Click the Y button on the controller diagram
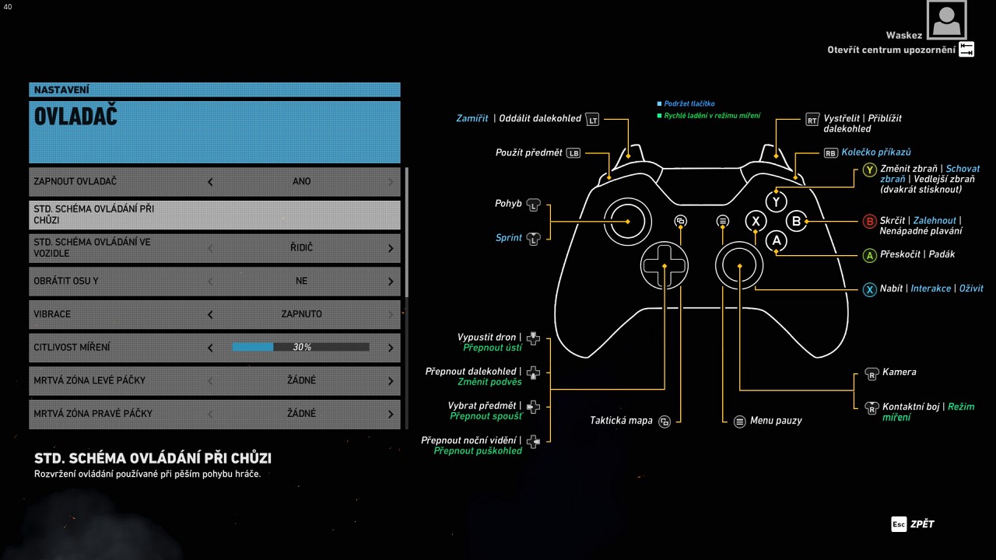tap(776, 201)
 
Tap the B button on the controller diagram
tap(796, 221)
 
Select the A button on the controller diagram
tap(776, 241)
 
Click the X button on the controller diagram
tap(756, 221)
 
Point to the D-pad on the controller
tap(665, 266)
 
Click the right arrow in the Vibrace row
tap(391, 314)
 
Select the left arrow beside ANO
tap(210, 182)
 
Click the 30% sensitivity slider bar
tap(300, 347)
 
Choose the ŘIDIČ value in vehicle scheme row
tap(300, 247)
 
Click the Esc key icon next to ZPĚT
tap(899, 524)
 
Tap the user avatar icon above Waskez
tap(946, 20)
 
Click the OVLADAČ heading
tap(75, 117)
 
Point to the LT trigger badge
tap(593, 120)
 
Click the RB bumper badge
tap(831, 153)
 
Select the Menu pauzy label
tap(776, 421)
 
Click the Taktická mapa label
tap(621, 421)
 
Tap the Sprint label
tap(509, 238)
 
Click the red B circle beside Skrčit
tap(870, 222)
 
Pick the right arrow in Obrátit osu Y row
tap(391, 281)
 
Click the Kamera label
tap(899, 373)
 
